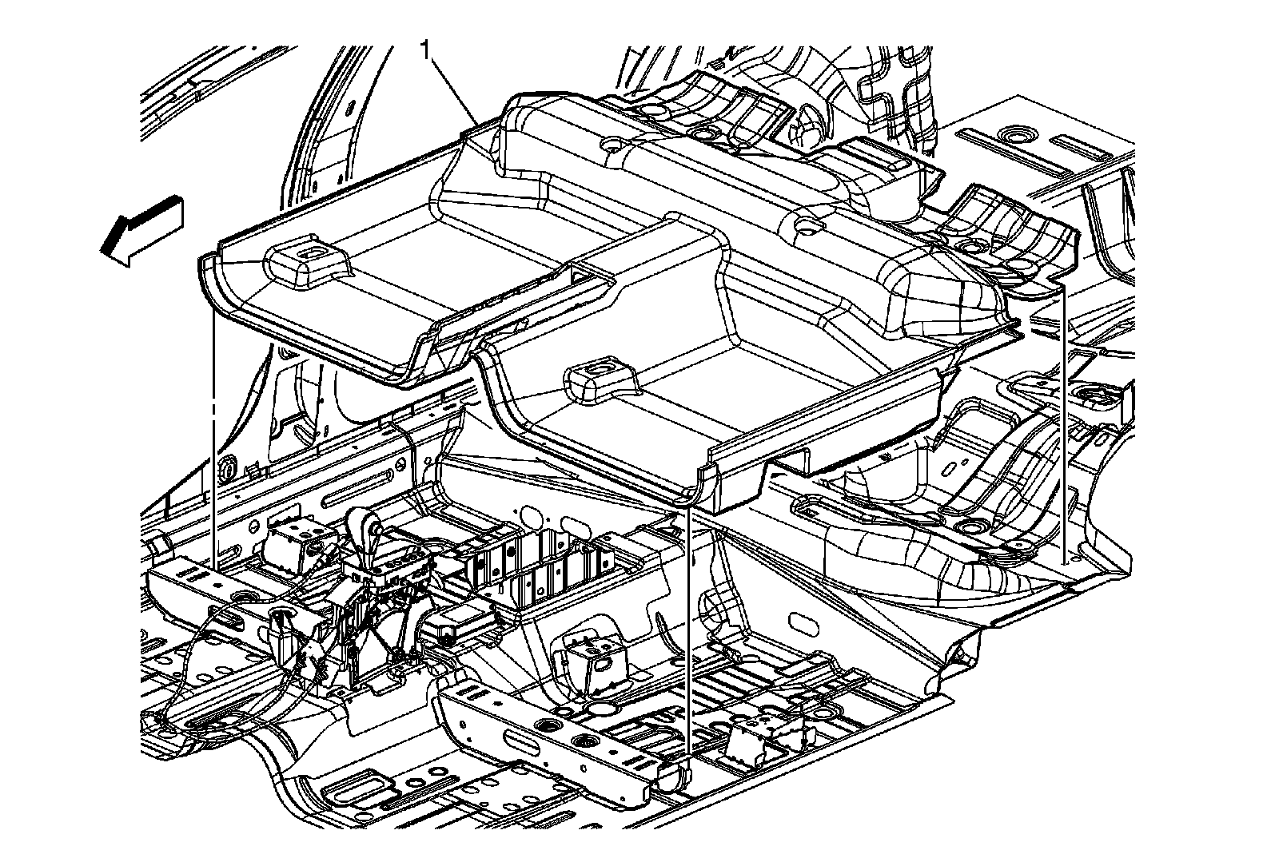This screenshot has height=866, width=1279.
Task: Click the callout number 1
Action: pos(427,50)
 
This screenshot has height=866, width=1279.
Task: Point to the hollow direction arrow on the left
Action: pos(142,229)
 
